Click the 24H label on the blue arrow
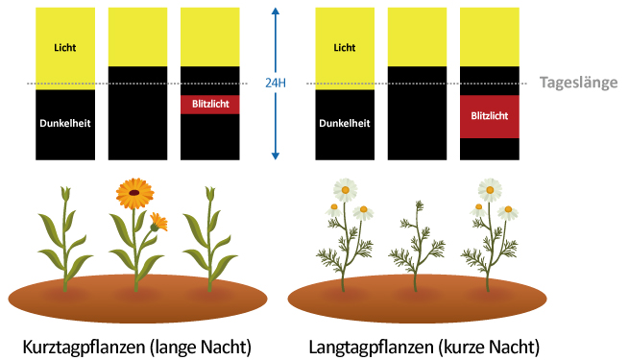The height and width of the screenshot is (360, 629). [x=276, y=83]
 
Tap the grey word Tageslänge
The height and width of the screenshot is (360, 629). [x=578, y=83]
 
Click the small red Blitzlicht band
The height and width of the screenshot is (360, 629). [x=210, y=105]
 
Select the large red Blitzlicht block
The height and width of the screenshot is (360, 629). [x=490, y=116]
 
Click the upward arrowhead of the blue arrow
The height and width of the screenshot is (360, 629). [x=276, y=12]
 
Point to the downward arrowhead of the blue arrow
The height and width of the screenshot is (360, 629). [x=276, y=156]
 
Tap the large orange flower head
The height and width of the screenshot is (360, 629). [x=134, y=193]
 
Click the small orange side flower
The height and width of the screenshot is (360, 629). [x=158, y=223]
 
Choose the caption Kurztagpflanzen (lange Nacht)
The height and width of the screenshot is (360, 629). [x=136, y=347]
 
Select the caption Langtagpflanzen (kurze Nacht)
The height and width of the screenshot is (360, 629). [x=424, y=347]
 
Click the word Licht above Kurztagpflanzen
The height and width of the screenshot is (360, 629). [x=65, y=48]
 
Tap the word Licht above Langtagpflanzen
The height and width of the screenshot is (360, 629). [x=345, y=48]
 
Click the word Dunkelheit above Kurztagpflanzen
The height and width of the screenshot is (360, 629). [x=65, y=123]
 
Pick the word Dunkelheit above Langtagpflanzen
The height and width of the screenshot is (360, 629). [x=345, y=123]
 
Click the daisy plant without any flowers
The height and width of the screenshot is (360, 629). [x=417, y=246]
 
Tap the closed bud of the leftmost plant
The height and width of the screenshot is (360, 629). [x=65, y=193]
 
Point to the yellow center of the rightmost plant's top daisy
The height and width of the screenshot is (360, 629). [x=490, y=190]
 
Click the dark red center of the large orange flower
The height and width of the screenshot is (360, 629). [x=134, y=193]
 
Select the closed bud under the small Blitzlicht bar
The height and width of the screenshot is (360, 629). [x=209, y=193]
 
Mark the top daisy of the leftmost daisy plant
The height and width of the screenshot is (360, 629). [x=346, y=190]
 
